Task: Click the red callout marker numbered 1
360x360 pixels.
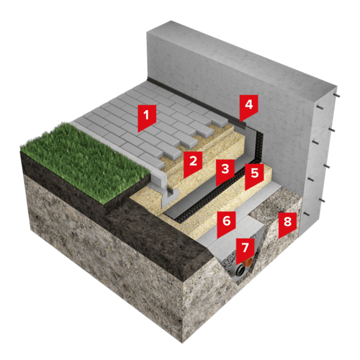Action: [x=147, y=117]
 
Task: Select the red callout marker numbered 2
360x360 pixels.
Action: [x=193, y=163]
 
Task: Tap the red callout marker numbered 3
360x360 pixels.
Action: [x=225, y=171]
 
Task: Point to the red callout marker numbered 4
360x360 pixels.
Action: [x=248, y=106]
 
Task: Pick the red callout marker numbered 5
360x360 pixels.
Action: [x=254, y=175]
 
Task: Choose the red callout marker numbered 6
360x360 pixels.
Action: [x=226, y=222]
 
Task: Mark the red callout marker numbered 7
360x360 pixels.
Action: [x=245, y=249]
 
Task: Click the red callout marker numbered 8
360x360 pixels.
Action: [x=287, y=223]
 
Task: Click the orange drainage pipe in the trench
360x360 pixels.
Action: [x=248, y=263]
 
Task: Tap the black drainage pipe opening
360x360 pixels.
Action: [x=240, y=271]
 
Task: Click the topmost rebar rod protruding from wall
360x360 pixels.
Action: [x=336, y=96]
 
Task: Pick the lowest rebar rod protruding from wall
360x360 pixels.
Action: [x=307, y=214]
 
